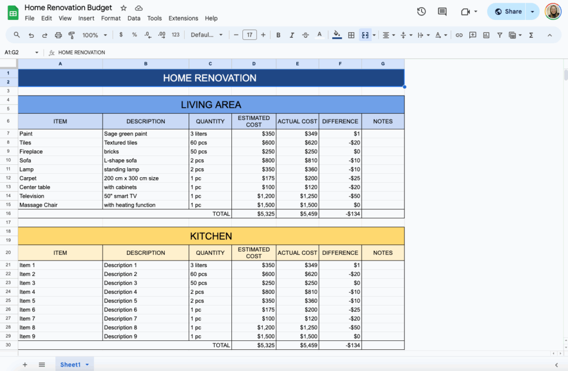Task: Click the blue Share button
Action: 508,11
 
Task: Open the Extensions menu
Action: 183,18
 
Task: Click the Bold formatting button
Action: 278,35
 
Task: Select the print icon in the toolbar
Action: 58,35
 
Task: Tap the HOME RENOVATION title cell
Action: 210,78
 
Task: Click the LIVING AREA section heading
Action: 211,104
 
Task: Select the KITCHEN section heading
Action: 211,236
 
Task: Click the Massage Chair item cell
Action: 39,205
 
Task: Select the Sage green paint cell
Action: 126,134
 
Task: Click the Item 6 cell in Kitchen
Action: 28,309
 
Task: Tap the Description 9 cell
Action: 120,336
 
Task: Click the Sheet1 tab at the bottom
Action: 70,364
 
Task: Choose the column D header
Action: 253,64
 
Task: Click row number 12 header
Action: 8,178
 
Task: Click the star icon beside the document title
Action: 124,8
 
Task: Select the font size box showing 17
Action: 250,35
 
